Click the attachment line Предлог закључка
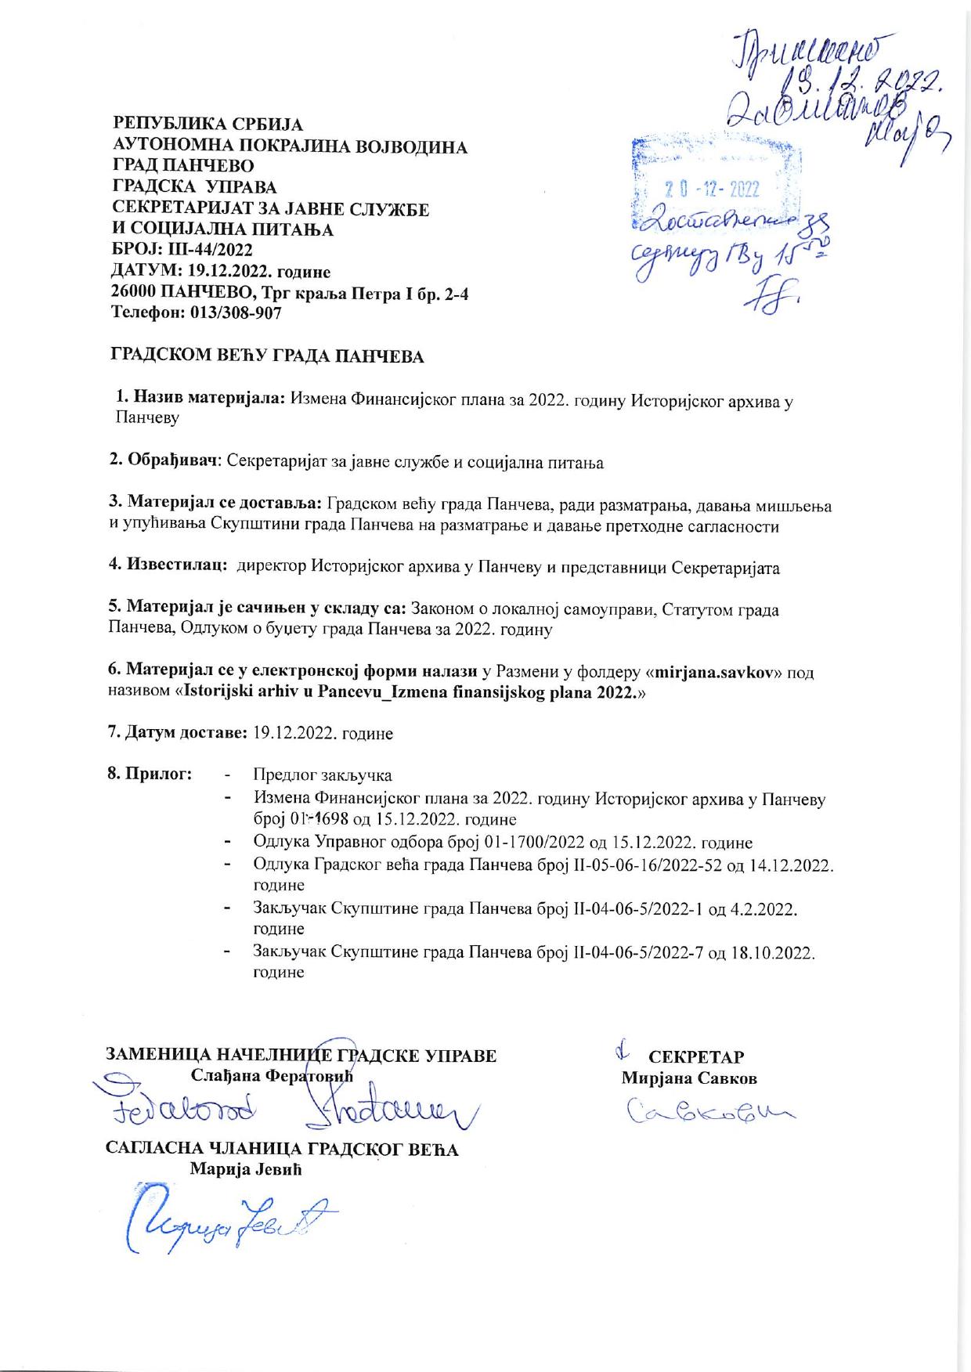tap(322, 775)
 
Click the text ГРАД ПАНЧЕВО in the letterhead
tap(183, 166)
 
